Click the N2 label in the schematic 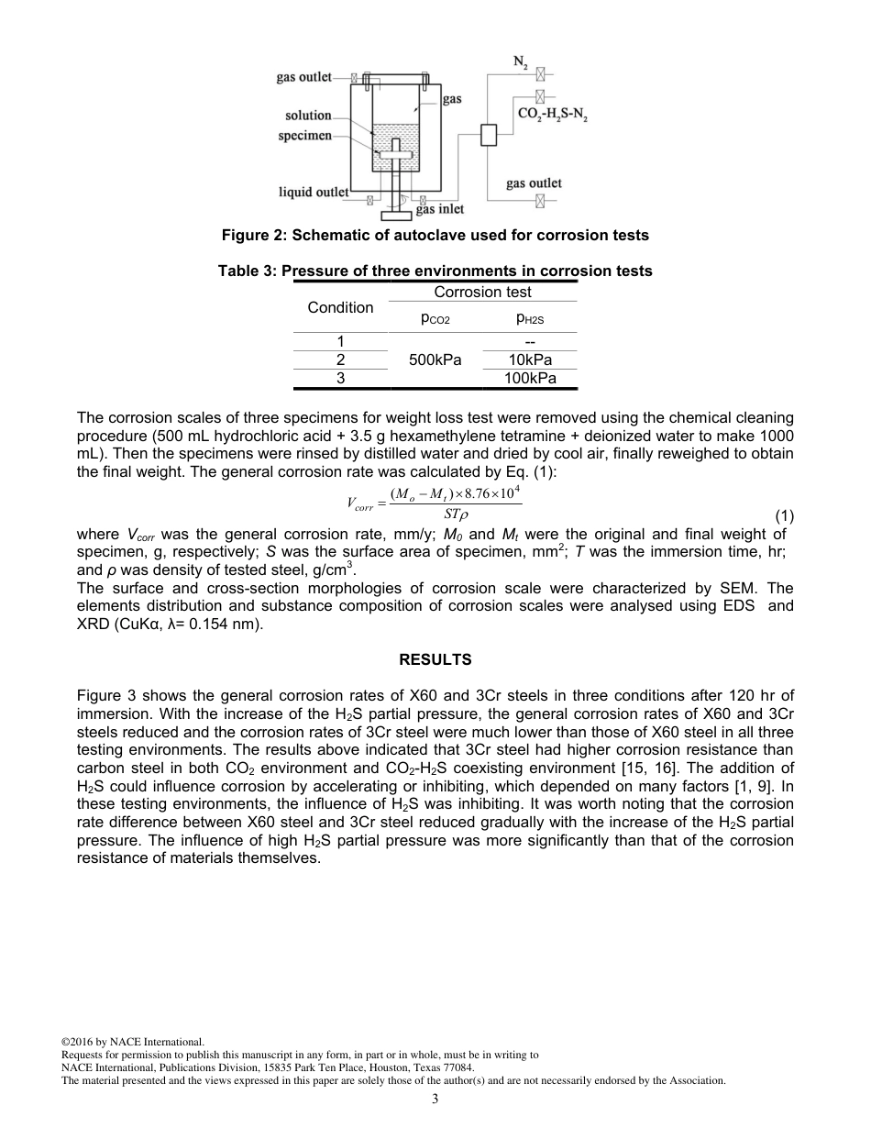tap(519, 62)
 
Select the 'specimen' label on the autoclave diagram tap(304, 136)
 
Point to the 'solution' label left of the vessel tap(308, 116)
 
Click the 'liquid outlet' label tap(314, 192)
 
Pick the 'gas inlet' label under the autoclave tap(440, 210)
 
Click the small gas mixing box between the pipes tap(488, 134)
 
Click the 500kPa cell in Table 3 tap(436, 359)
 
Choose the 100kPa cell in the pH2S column tap(530, 378)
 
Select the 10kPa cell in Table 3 tap(530, 359)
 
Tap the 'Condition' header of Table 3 tap(340, 307)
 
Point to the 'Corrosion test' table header tap(482, 292)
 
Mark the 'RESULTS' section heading tap(435, 659)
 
